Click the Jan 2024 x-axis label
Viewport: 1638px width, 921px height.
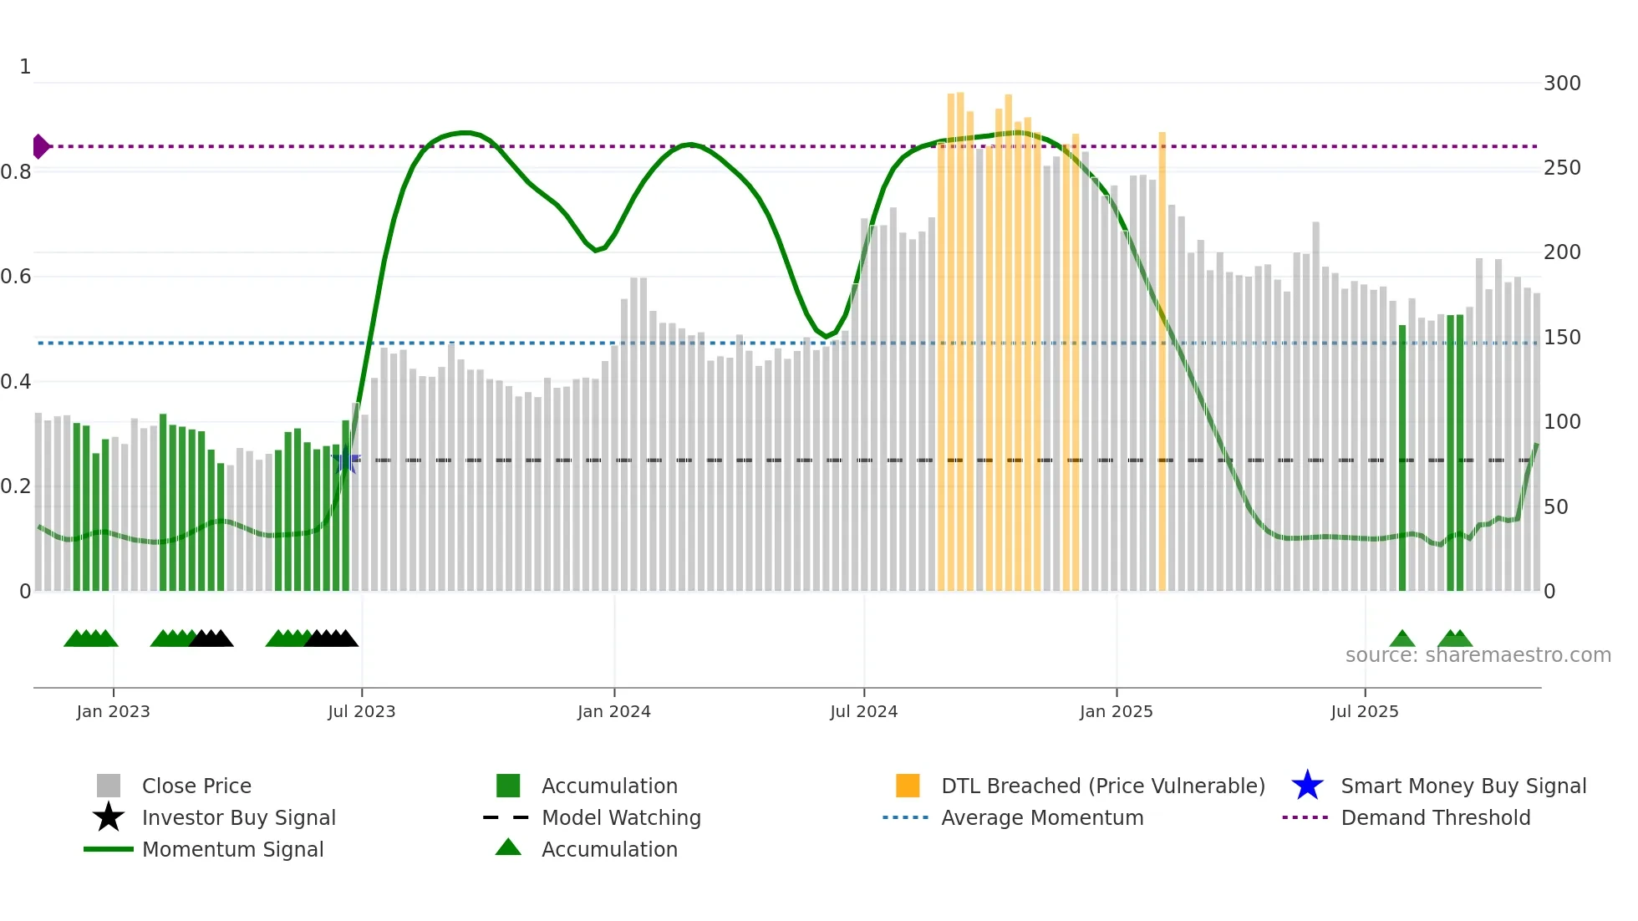(613, 711)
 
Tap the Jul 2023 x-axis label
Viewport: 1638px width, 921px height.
(361, 711)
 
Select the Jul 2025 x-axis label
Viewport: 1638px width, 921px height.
(1364, 711)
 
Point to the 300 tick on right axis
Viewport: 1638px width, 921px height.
(1561, 84)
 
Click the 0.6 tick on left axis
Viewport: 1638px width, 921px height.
(16, 277)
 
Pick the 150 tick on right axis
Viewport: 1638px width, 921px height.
(1561, 338)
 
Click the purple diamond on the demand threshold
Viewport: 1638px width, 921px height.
(40, 146)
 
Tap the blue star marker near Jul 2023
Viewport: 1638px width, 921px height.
(345, 460)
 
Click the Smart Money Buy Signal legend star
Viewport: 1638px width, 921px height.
(1307, 786)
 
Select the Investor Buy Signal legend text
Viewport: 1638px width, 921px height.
(238, 817)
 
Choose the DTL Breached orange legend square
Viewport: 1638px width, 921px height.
(908, 786)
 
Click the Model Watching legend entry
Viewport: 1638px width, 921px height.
(620, 817)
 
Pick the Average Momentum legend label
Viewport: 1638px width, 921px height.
(1041, 817)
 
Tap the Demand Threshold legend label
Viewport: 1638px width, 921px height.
(1435, 817)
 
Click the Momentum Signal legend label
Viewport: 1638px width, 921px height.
(232, 849)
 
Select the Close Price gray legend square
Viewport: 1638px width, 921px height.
(109, 786)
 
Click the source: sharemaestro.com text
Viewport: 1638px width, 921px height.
(1478, 654)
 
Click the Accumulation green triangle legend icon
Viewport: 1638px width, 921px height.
(508, 847)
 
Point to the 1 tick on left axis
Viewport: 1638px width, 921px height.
(25, 67)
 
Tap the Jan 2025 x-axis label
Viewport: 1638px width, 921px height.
(1116, 711)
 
